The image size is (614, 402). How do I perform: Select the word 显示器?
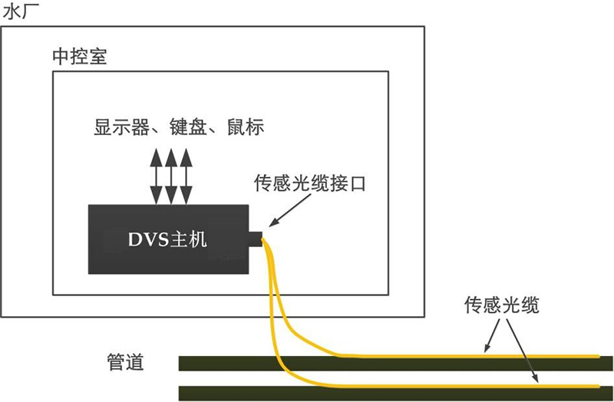(x=120, y=127)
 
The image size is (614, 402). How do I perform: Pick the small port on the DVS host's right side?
(x=255, y=239)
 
